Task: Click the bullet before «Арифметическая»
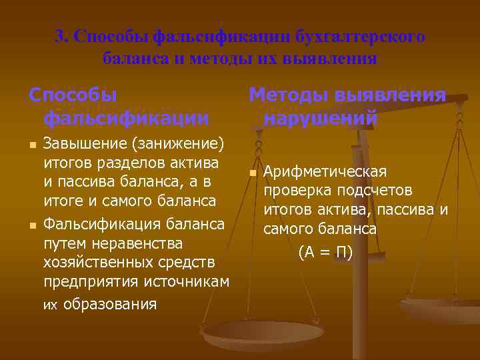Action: (252, 173)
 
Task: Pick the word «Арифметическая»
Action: (325, 172)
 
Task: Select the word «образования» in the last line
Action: (109, 304)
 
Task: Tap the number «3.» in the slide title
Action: (63, 36)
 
